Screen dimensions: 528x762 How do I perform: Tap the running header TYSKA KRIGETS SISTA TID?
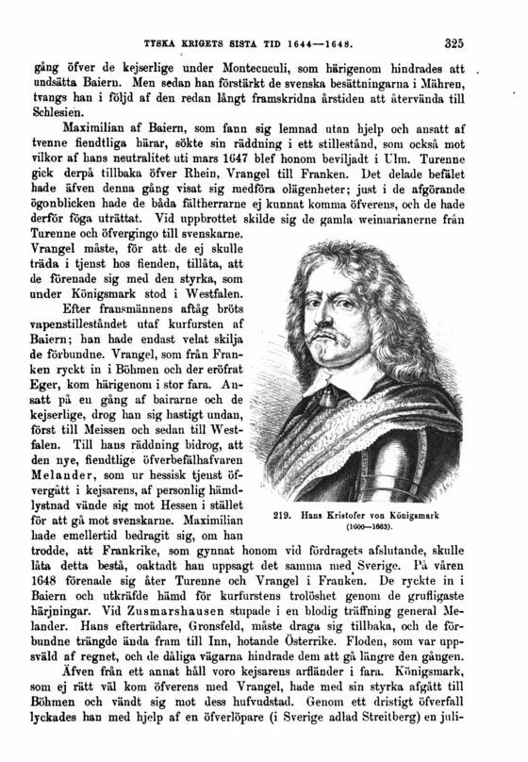pos(210,42)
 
